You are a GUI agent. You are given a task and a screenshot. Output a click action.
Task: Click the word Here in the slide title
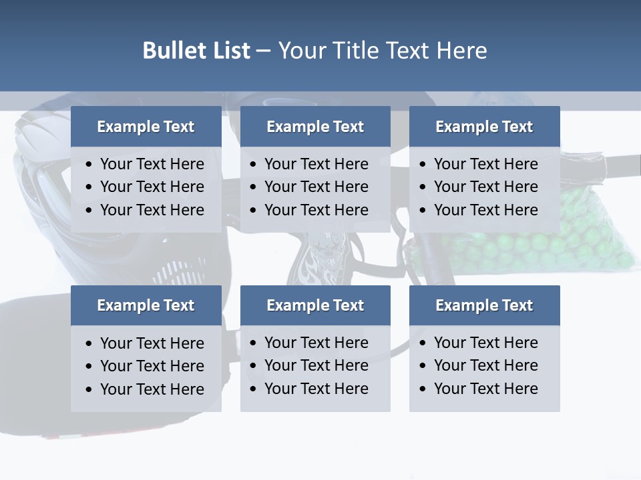tap(461, 51)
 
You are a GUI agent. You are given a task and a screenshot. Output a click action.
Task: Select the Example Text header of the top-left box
tap(146, 127)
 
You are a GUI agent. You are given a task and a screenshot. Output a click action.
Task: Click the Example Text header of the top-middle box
tap(315, 127)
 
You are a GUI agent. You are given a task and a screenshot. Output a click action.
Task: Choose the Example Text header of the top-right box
tap(484, 127)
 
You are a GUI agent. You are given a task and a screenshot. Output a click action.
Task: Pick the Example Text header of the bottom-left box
tap(146, 305)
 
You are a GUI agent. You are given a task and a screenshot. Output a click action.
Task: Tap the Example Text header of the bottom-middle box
tap(315, 305)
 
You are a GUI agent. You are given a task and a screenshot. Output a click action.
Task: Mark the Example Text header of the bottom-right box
tap(484, 305)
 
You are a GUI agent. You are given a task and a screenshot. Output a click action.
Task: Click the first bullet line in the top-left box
tap(152, 164)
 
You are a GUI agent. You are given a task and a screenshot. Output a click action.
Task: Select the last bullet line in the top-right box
tap(485, 210)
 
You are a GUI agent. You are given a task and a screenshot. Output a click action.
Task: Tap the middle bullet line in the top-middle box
tap(316, 187)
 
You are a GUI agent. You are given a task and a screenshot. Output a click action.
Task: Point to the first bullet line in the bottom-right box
tap(485, 343)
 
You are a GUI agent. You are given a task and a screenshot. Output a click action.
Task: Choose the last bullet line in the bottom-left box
tap(152, 389)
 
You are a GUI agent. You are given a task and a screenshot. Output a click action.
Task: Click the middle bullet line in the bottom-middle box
tap(316, 365)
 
